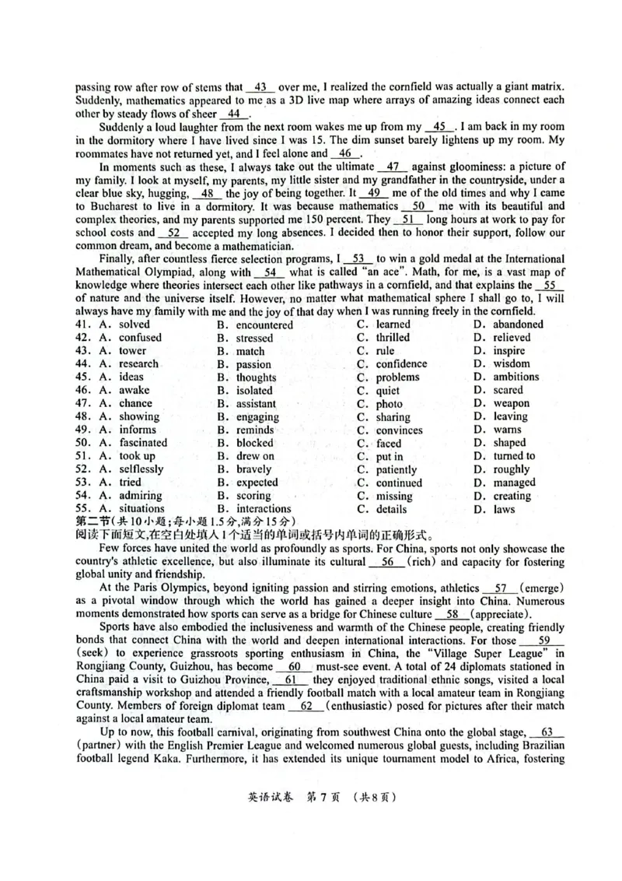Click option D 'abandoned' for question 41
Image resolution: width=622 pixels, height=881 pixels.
(518, 325)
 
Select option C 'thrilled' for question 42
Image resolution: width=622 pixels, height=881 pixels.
(393, 338)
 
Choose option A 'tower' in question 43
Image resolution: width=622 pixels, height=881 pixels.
(132, 351)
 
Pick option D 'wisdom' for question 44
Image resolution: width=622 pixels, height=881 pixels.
(512, 363)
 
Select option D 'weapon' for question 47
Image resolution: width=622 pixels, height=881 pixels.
(512, 403)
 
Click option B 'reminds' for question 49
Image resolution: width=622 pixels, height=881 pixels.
(255, 430)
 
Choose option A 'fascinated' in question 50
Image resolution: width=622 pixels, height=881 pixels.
(143, 443)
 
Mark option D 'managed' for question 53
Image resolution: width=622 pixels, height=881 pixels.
(514, 483)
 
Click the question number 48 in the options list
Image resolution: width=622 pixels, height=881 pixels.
(83, 416)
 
